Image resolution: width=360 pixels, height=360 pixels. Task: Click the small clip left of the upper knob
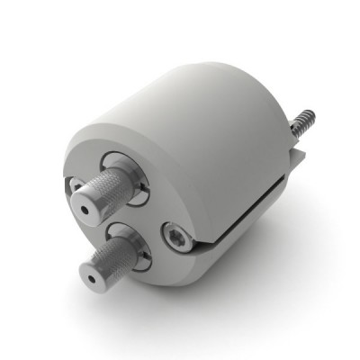point(75,184)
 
